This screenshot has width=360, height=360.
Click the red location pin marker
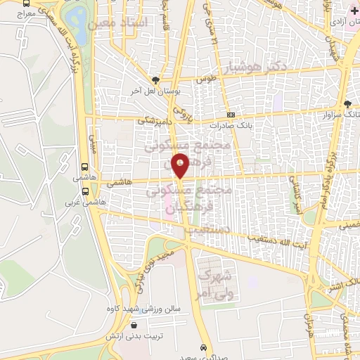pyautogui.click(x=181, y=167)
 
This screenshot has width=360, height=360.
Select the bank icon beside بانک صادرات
pyautogui.click(x=231, y=116)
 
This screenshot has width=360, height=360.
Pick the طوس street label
pyautogui.click(x=205, y=79)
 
